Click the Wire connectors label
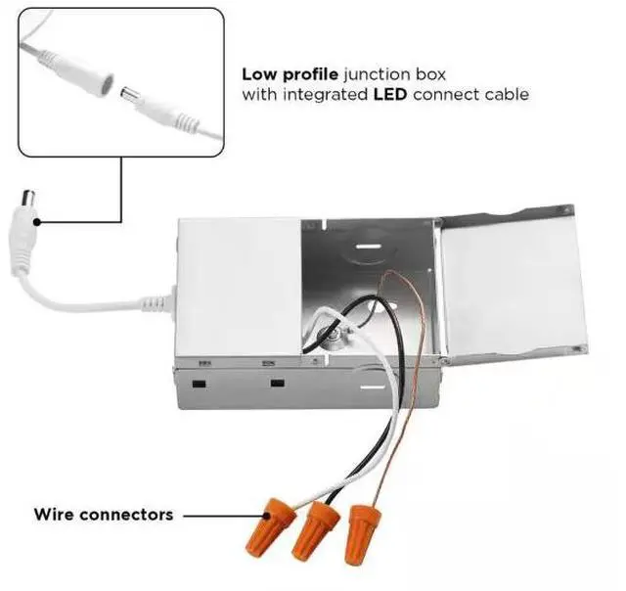click(104, 514)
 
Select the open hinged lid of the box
click(509, 288)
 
